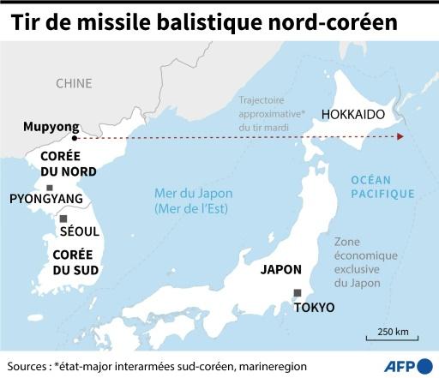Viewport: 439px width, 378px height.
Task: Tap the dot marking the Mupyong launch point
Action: click(x=75, y=137)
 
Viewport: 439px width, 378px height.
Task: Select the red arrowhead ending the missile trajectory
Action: click(x=402, y=137)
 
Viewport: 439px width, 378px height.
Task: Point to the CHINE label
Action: click(x=74, y=83)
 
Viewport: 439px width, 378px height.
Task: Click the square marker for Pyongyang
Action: click(x=51, y=188)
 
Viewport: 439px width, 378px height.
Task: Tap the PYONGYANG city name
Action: click(x=45, y=200)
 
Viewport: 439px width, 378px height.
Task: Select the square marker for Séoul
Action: click(x=63, y=219)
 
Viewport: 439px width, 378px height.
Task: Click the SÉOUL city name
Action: click(x=79, y=231)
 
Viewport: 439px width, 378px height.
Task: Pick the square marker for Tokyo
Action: click(x=298, y=292)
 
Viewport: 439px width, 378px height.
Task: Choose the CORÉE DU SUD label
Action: click(x=75, y=262)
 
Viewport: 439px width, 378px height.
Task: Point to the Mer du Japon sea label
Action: click(x=194, y=201)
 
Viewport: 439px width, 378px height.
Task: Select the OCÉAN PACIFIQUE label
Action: click(x=382, y=187)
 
